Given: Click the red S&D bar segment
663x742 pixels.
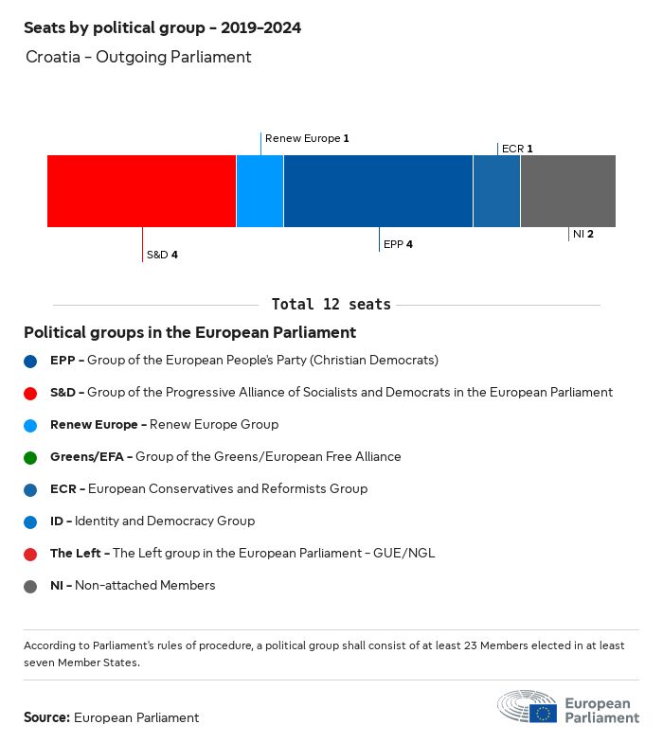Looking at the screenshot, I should (141, 191).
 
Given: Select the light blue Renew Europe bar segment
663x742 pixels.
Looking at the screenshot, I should (260, 191).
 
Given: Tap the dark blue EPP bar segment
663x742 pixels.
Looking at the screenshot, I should (378, 191).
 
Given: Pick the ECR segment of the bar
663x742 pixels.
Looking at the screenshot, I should (496, 191).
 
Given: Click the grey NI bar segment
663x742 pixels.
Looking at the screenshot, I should (567, 191).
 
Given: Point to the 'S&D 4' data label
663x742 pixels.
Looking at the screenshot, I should (162, 255).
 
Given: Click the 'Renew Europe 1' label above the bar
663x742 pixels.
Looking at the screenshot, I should (307, 138).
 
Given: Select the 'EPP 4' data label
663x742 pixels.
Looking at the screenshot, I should (398, 244).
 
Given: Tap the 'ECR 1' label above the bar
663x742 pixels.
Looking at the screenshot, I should (517, 149).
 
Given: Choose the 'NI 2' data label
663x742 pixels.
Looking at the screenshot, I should (583, 234).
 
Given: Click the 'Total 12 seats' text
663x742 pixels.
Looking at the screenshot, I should (331, 305).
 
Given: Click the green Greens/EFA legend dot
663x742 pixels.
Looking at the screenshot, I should (30, 457).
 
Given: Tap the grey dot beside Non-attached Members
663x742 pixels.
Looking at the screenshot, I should (30, 586).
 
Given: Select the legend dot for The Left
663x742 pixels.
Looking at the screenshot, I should (30, 554).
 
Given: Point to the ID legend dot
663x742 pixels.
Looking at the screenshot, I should (30, 521).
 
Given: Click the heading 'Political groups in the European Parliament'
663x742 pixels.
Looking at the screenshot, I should (189, 332).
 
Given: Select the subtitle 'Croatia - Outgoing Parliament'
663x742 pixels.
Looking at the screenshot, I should (138, 57).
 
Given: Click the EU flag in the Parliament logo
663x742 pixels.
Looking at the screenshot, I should (544, 713).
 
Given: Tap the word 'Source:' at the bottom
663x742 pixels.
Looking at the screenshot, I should (46, 717).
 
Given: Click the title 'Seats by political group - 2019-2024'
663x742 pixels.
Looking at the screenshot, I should (162, 27).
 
